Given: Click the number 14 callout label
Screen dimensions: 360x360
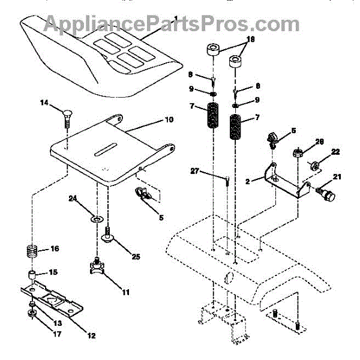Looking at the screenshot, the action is [x=44, y=103].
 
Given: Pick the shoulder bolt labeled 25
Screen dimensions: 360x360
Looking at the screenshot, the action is [x=109, y=235].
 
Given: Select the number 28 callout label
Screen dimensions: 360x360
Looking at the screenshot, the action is [x=320, y=142].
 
